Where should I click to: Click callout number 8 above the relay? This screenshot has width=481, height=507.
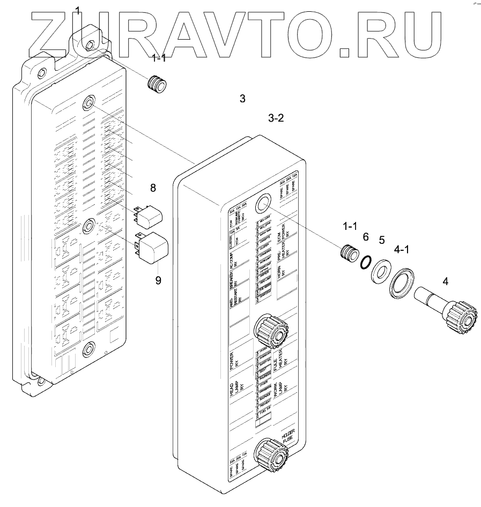[153, 188]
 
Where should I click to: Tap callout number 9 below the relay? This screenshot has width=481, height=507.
[158, 280]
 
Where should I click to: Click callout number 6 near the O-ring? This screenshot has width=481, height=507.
[366, 237]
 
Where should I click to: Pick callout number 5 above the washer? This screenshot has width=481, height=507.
[382, 240]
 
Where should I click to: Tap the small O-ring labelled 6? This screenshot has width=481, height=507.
[365, 262]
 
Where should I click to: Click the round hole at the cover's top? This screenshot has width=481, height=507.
[263, 204]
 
